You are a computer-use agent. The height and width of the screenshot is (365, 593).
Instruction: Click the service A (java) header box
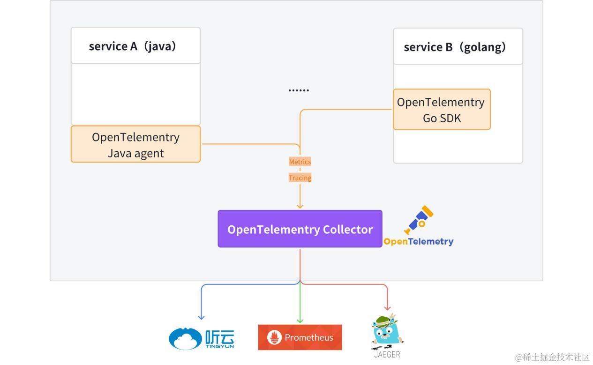point(135,46)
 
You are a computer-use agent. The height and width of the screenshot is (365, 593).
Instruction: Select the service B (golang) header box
point(458,47)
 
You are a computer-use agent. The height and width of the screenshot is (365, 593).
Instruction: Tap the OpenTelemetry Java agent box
point(135,144)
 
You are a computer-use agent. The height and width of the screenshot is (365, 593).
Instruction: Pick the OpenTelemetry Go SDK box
point(442,110)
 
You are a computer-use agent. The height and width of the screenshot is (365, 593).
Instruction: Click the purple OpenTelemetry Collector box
point(300,229)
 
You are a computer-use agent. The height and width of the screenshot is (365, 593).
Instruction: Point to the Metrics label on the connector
point(300,162)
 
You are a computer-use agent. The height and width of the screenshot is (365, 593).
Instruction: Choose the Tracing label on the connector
point(300,178)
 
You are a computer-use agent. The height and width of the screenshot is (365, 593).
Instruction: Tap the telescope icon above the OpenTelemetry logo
point(419,219)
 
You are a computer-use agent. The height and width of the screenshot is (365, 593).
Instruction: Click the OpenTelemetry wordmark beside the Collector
point(419,242)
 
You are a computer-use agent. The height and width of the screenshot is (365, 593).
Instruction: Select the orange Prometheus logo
point(300,337)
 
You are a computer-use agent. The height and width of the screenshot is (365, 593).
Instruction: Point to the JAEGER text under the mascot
point(387,354)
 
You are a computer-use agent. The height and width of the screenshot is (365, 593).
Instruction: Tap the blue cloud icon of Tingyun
point(186,339)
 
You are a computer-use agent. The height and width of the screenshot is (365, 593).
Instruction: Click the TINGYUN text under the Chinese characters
point(219,346)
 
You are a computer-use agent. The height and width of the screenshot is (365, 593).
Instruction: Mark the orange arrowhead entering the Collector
point(300,206)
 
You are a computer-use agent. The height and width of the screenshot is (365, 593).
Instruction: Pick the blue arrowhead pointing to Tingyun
point(201,317)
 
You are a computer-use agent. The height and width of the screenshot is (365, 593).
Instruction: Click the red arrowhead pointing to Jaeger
point(387,308)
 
